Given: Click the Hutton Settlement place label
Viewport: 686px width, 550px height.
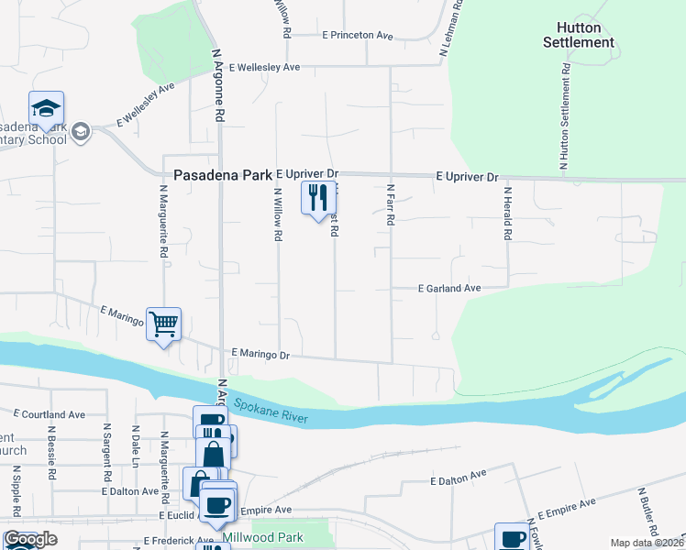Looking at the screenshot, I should coord(578,35).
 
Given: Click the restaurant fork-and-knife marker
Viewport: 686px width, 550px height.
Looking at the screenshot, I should coord(318,198).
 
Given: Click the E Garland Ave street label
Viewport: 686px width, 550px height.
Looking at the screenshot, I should coord(449,288).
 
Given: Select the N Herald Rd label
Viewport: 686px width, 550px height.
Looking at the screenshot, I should coord(506,214).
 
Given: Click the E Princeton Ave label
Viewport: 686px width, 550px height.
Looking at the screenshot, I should coord(357,35).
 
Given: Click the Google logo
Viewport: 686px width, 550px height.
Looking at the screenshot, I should coord(29,539).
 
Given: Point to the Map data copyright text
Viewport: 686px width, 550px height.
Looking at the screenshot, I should coord(647,543).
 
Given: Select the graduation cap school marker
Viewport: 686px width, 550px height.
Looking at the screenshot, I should coord(46,109).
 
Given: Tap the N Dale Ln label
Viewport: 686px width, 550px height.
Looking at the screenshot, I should coord(135,444).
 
